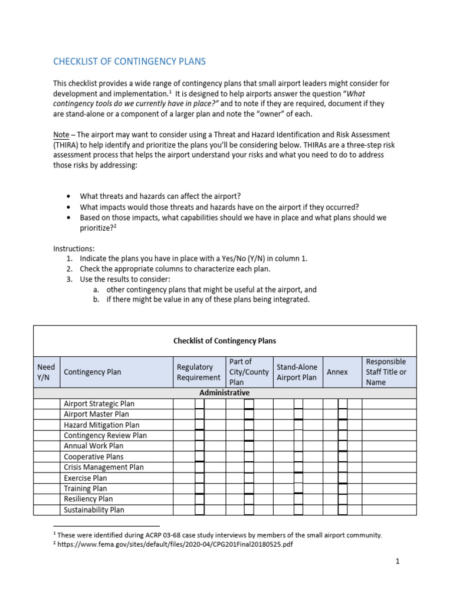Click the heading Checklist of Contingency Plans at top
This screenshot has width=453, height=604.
tap(130, 61)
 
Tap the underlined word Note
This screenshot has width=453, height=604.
tap(61, 135)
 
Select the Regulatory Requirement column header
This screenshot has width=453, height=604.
tap(198, 372)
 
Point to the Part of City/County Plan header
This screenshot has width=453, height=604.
tap(248, 372)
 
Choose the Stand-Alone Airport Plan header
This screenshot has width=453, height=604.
tap(297, 372)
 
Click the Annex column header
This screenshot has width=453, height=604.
tap(337, 372)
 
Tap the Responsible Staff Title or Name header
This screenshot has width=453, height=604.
tap(386, 372)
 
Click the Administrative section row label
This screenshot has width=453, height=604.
tap(224, 393)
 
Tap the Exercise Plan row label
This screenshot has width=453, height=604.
tap(86, 478)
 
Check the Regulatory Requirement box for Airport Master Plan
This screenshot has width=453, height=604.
tap(199, 414)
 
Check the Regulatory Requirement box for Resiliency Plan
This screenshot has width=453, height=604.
tap(199, 499)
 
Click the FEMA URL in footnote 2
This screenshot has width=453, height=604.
tap(175, 544)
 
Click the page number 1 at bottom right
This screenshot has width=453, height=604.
tap(398, 562)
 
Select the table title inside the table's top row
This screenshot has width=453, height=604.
tap(224, 340)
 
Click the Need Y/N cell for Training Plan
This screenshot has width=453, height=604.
tap(47, 488)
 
